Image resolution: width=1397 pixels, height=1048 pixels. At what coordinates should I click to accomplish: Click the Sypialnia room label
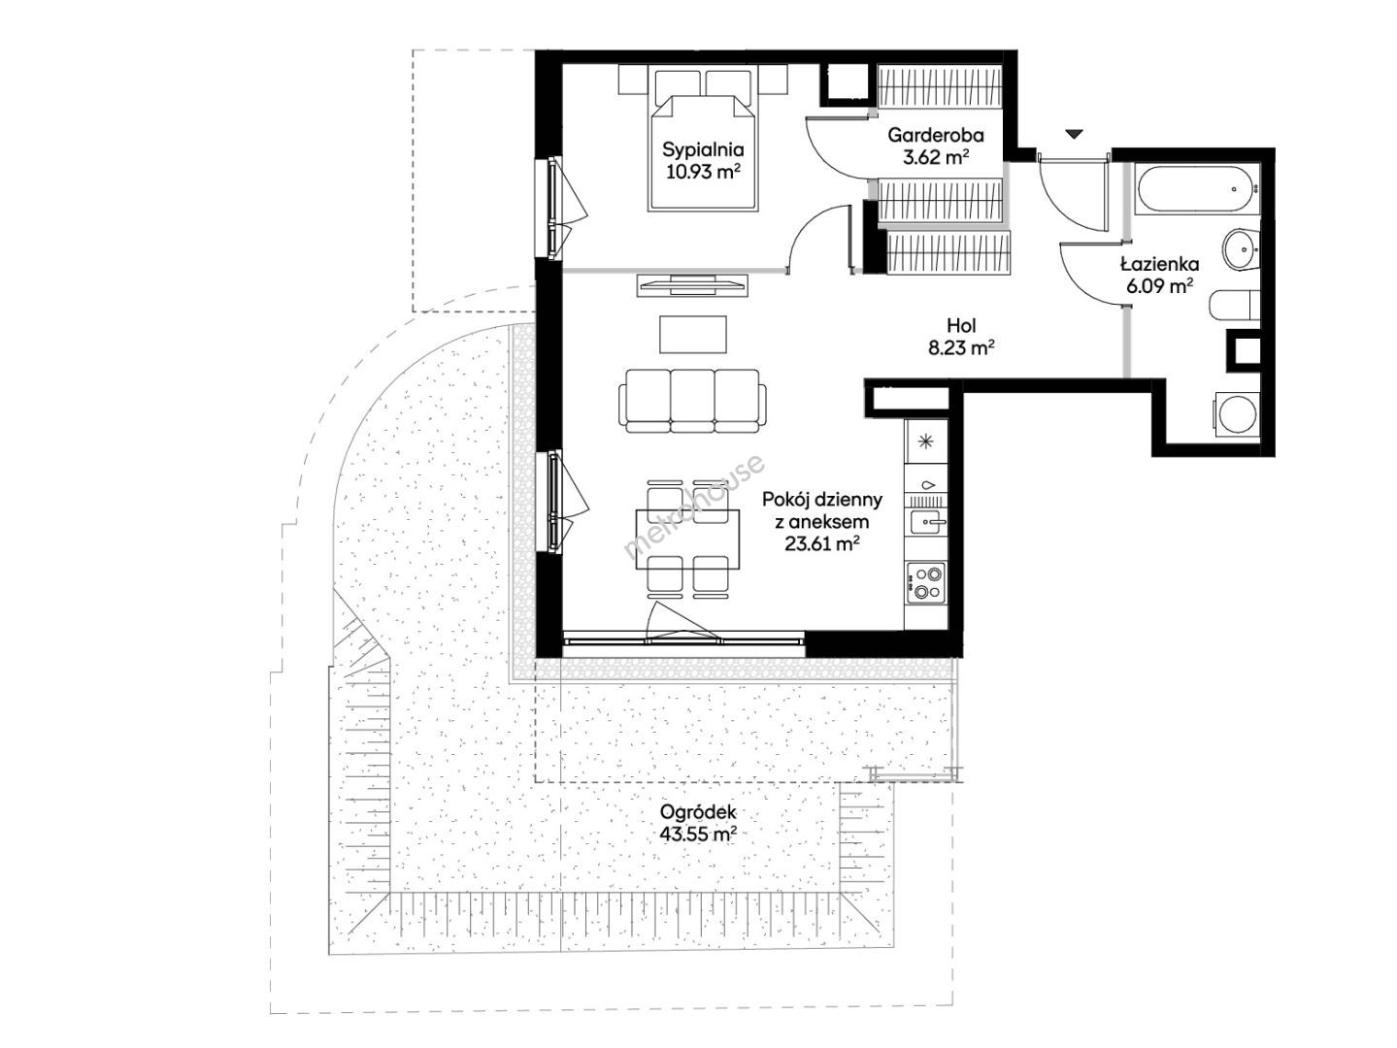[703, 150]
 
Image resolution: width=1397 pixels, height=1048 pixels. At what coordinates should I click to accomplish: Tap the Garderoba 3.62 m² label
[936, 146]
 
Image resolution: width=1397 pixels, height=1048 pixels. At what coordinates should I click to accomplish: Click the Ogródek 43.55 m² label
[698, 823]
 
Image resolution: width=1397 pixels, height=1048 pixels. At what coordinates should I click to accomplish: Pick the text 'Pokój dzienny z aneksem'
[822, 510]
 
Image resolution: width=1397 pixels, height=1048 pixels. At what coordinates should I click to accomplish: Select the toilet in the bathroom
[1235, 306]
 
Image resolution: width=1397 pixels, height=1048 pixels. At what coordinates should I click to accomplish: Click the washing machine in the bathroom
[1237, 414]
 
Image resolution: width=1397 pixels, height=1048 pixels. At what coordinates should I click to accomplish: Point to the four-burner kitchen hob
[925, 583]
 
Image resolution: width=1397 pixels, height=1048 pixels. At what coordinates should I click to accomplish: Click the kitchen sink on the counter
[928, 522]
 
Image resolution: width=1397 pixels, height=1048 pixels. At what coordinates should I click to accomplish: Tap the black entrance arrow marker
[1075, 134]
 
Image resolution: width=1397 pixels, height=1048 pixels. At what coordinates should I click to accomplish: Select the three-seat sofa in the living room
[692, 401]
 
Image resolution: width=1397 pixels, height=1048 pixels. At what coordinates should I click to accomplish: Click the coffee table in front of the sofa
[693, 335]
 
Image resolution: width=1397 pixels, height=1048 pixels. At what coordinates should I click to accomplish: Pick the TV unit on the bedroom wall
[692, 285]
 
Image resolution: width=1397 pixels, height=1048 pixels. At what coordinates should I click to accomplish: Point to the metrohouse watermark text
[694, 507]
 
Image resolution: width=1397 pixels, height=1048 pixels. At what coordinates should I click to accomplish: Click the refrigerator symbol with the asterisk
[926, 440]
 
